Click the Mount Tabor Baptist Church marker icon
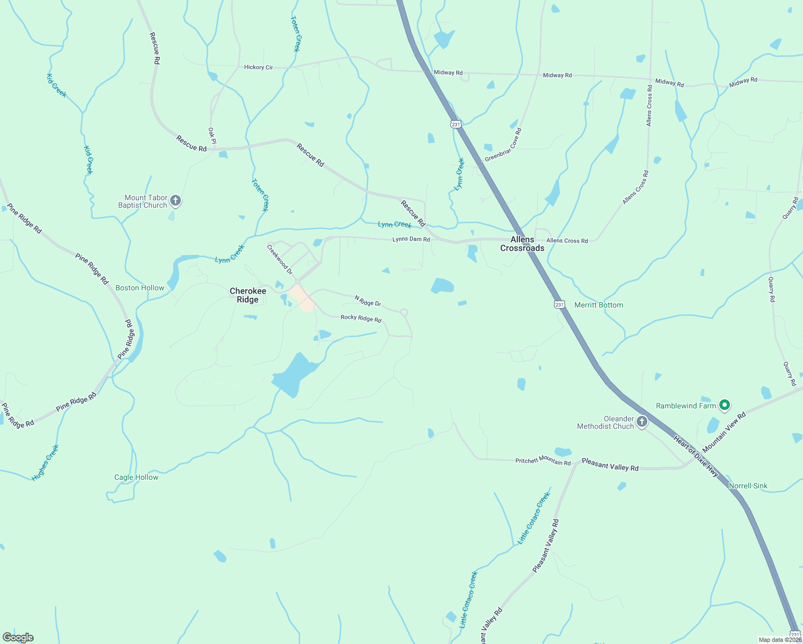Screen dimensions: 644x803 175,201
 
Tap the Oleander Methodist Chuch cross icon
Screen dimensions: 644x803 641,422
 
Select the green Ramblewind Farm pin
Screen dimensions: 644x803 724,405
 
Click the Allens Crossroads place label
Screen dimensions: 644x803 522,244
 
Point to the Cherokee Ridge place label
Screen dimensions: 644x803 247,295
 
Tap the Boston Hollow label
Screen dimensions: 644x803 140,288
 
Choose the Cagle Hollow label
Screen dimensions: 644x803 136,477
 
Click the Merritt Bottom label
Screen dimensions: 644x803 598,305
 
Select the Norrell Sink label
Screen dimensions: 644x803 748,486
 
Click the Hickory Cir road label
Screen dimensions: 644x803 258,67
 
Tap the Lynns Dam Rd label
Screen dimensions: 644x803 411,239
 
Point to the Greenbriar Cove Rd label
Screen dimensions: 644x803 503,145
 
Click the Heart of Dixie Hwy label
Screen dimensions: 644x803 696,456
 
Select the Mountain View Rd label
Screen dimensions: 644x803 724,433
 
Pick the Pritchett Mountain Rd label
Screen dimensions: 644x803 543,460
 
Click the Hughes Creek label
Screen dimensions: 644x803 45,463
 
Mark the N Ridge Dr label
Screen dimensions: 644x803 368,301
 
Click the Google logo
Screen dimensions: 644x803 18,638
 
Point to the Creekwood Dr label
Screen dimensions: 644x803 280,259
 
